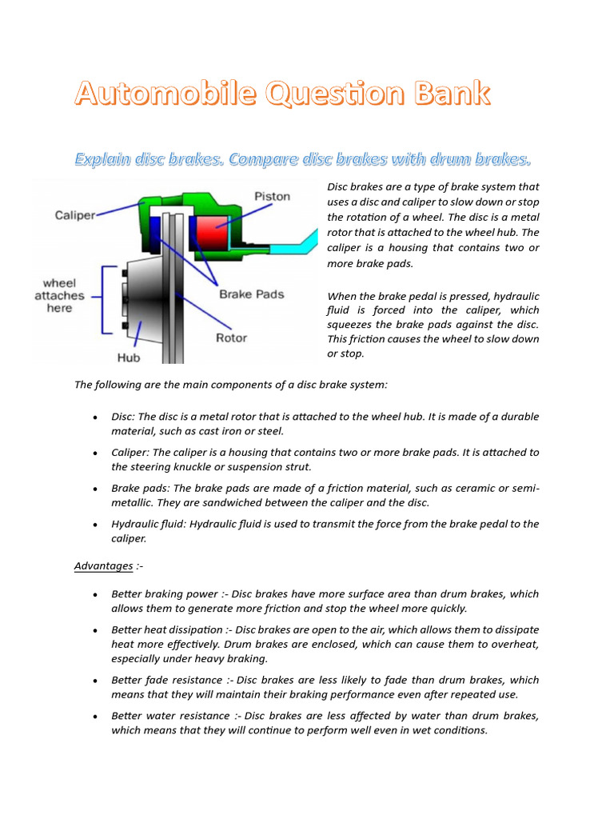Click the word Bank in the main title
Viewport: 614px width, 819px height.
tap(452, 94)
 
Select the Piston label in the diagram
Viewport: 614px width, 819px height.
tap(273, 197)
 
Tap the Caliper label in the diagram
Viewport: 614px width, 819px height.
tap(75, 215)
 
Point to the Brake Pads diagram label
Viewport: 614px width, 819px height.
tap(252, 294)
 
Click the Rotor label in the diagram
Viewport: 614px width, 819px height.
tap(232, 338)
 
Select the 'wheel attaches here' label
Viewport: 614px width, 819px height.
tap(59, 295)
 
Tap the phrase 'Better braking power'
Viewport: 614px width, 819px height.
tap(164, 594)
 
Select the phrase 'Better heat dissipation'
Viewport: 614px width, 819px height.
tap(169, 630)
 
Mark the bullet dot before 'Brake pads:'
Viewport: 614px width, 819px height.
tap(95, 489)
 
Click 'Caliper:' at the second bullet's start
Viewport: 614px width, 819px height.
tap(131, 453)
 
